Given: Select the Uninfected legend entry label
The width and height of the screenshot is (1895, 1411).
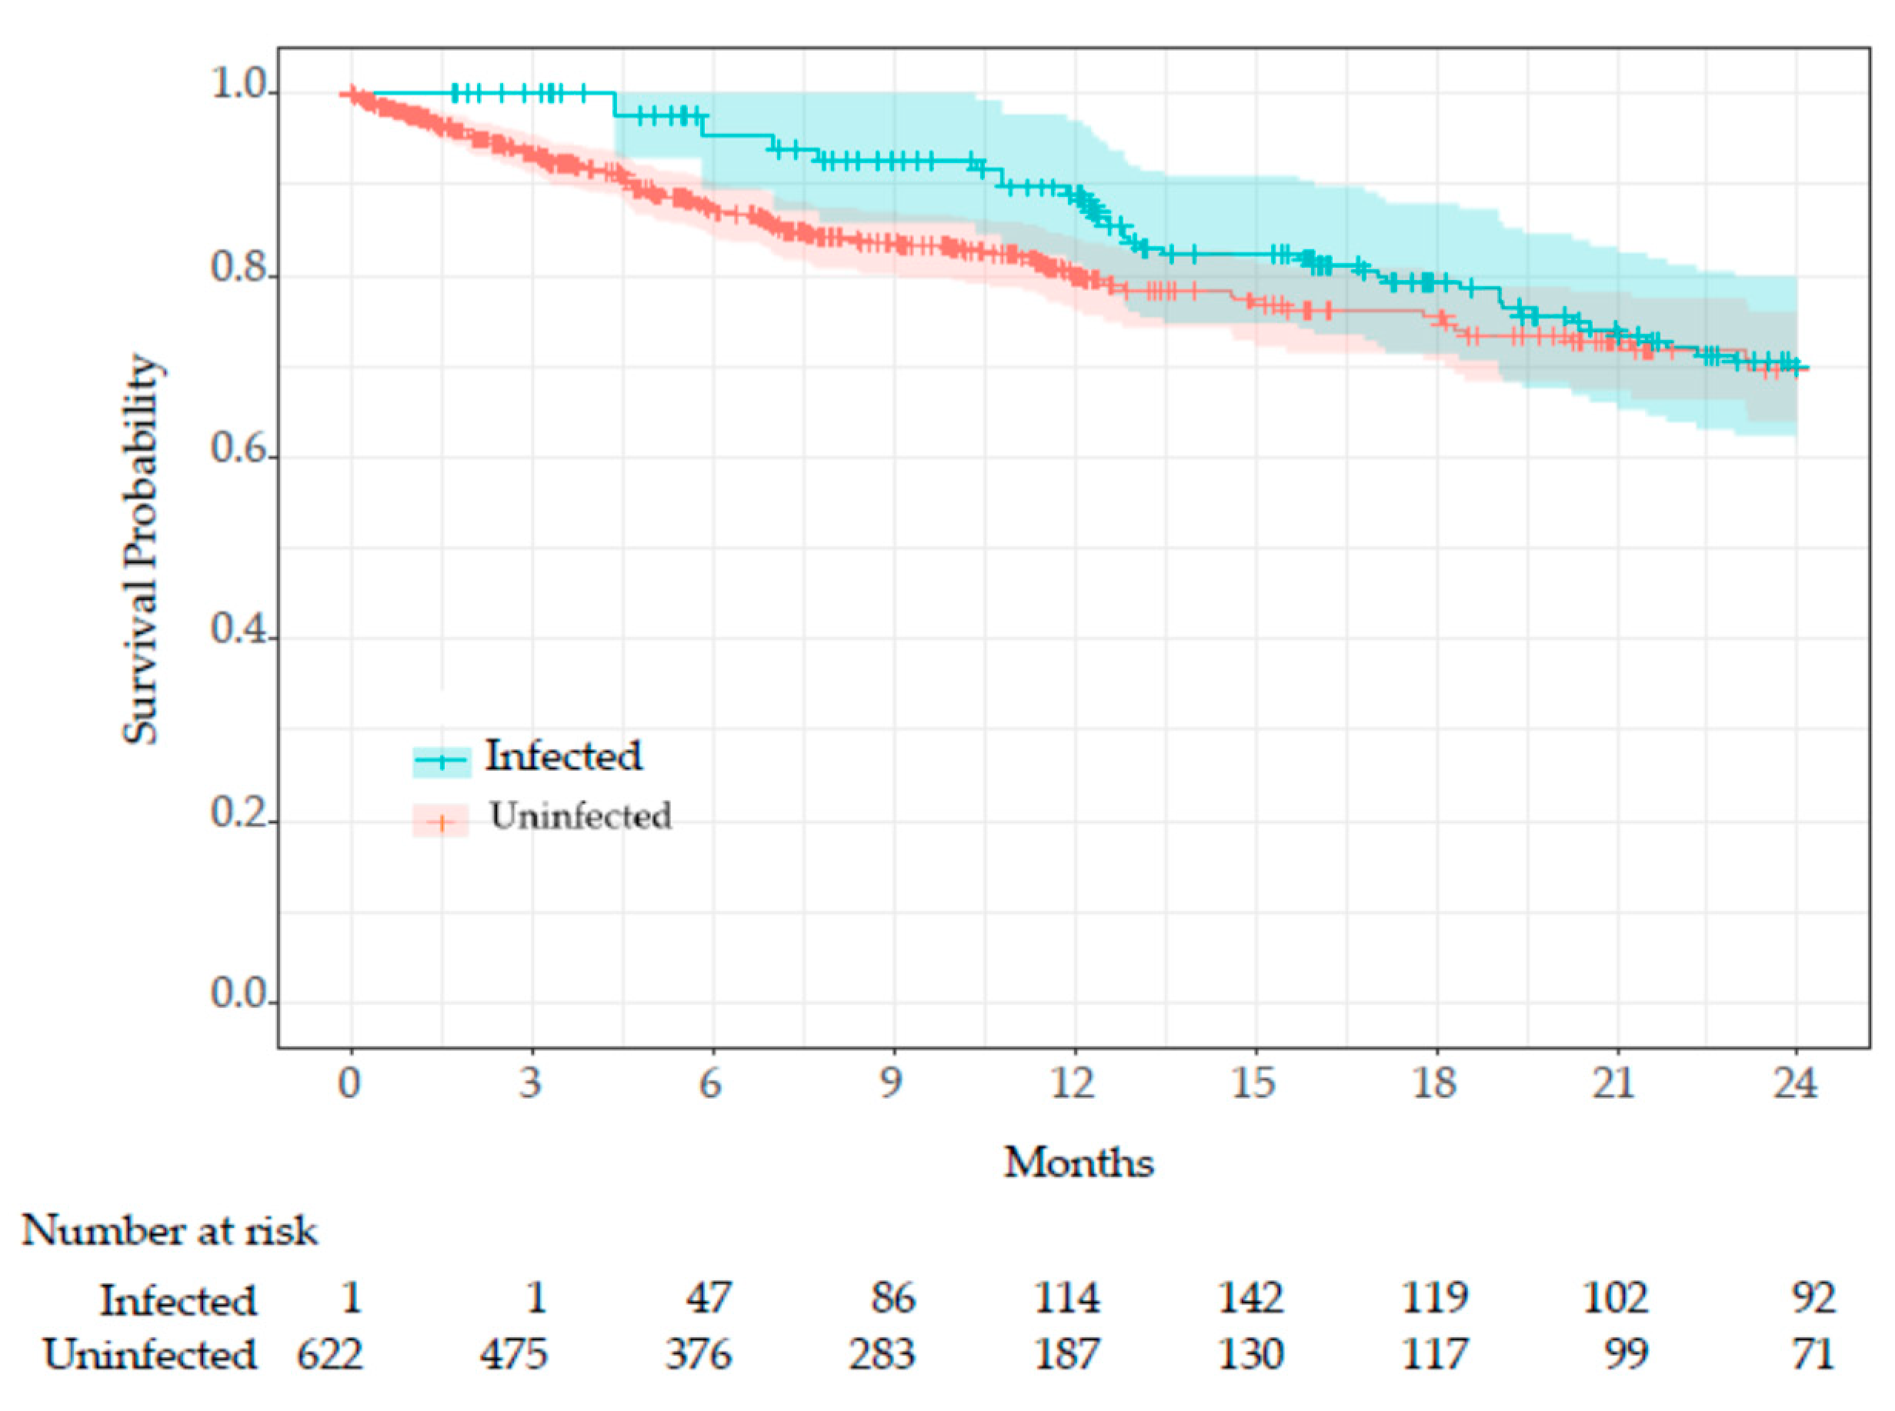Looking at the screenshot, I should click(581, 816).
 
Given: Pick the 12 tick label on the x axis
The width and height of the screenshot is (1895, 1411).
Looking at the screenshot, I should click(1073, 1083).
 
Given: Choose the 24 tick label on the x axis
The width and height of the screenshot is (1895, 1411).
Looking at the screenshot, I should click(1796, 1083).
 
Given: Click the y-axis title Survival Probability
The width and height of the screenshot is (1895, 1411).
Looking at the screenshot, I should click(141, 549).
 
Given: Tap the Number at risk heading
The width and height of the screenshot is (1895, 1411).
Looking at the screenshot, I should click(169, 1232).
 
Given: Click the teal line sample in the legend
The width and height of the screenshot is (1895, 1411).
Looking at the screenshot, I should click(442, 760).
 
